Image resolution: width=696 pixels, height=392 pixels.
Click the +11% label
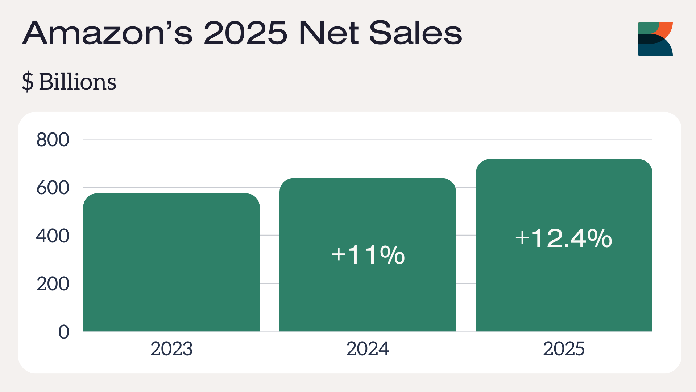[x=368, y=255]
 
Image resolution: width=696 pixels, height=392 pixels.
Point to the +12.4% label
[x=564, y=238]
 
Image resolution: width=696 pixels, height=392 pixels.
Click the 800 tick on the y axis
[x=53, y=140]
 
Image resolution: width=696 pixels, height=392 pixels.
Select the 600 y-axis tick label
[x=53, y=188]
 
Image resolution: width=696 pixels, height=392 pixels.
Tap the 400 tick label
[x=53, y=236]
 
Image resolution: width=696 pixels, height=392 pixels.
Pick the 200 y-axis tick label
[x=53, y=284]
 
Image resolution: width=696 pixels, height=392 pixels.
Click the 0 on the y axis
[x=64, y=332]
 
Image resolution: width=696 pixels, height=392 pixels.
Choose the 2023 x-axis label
[x=171, y=349]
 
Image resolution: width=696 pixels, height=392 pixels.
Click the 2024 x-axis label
[x=368, y=349]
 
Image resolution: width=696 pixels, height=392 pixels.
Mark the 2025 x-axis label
[x=564, y=349]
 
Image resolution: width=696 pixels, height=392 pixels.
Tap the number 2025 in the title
[x=245, y=33]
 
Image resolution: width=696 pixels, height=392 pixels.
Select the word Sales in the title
[x=415, y=33]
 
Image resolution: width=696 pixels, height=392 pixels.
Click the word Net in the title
[x=328, y=33]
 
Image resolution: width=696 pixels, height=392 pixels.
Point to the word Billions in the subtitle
[x=78, y=82]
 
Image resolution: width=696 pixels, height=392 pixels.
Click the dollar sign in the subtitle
[x=28, y=82]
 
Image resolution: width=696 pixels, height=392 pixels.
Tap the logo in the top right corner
[x=655, y=39]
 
